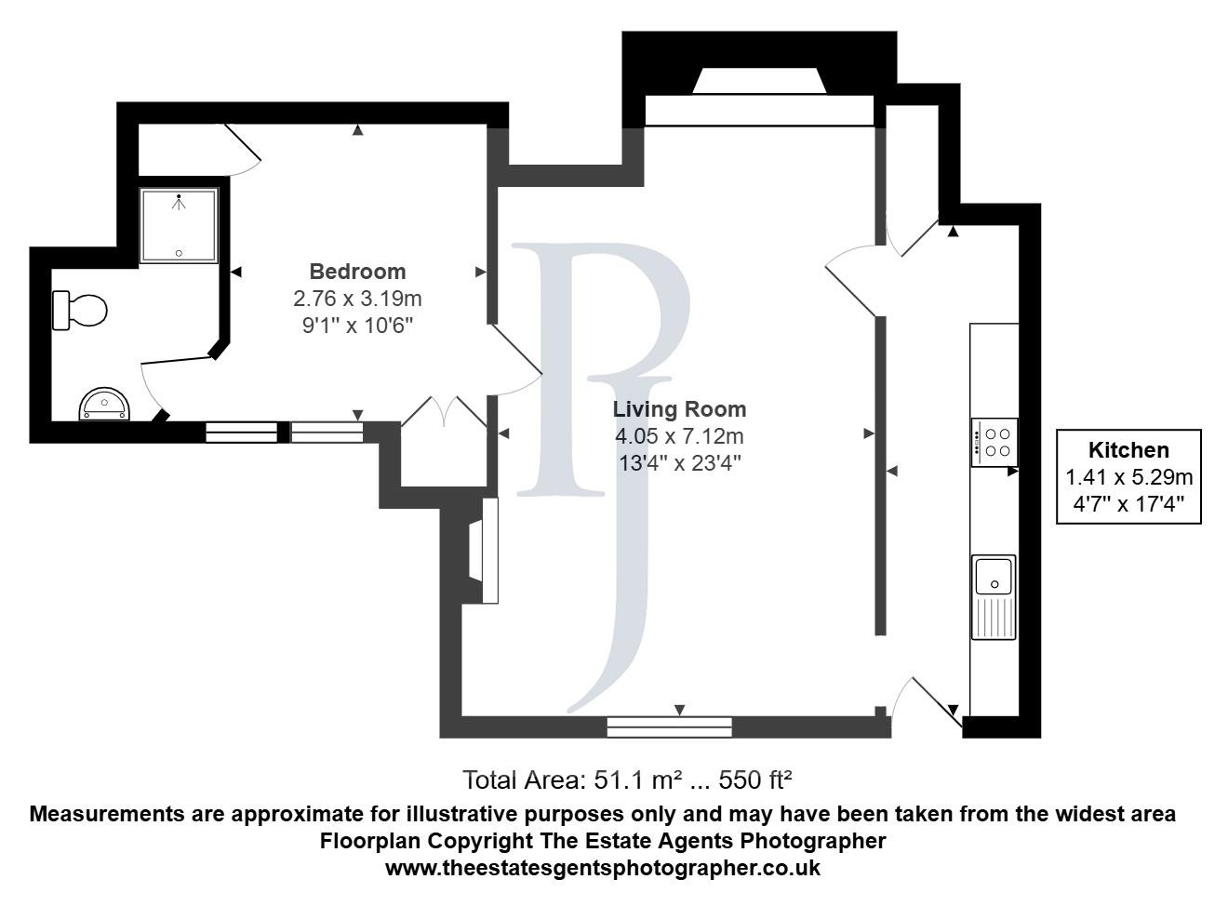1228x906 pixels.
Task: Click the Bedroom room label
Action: (x=357, y=272)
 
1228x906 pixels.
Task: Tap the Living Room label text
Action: (x=679, y=409)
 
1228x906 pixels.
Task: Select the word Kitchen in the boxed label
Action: (x=1128, y=450)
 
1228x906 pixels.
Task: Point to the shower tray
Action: (x=179, y=225)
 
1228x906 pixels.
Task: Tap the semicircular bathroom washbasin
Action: (x=104, y=405)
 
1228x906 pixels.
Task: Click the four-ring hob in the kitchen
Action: (x=995, y=442)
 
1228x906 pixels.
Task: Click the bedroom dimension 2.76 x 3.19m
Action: (x=357, y=299)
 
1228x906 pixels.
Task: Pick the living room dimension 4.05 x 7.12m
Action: (x=679, y=436)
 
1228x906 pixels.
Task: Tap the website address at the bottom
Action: (x=603, y=868)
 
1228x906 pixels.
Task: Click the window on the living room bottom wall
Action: (x=669, y=726)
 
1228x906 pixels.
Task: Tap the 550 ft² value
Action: (x=755, y=779)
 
